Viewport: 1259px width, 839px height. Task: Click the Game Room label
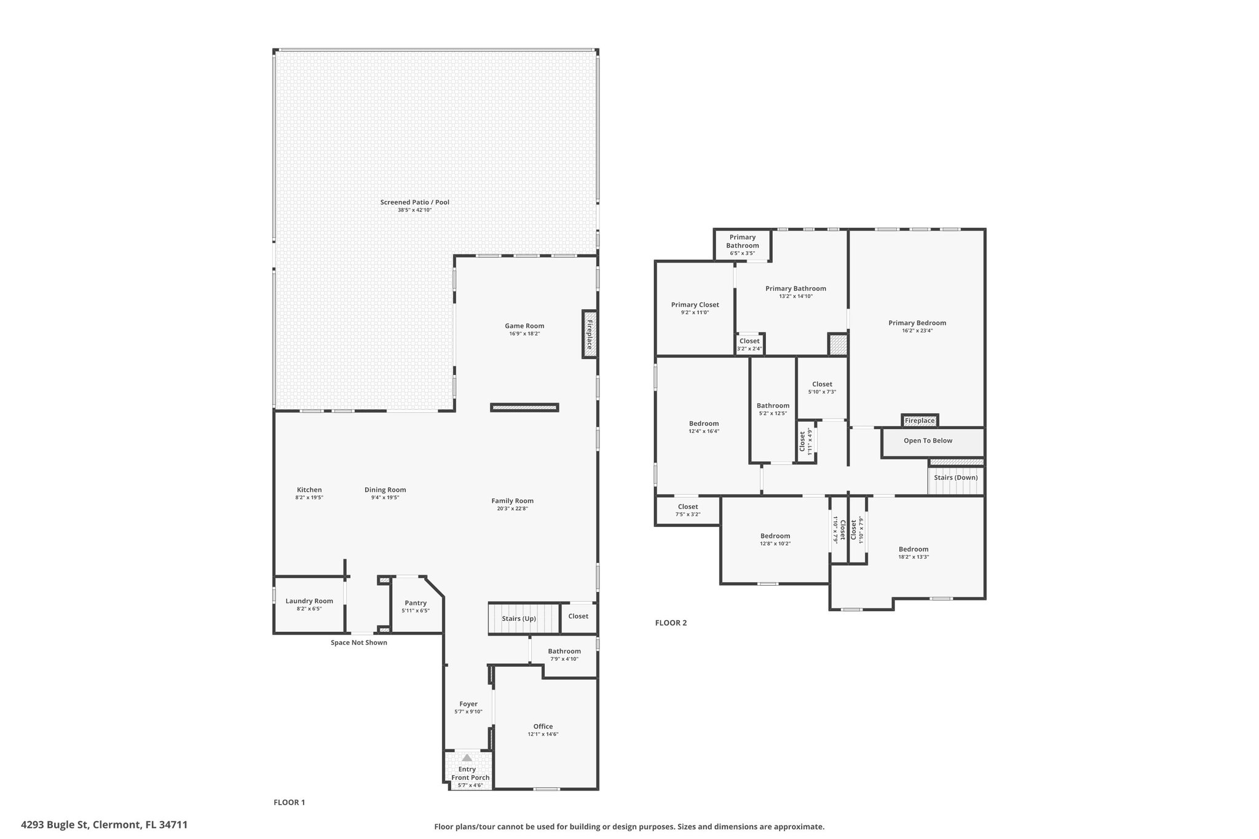[x=524, y=326]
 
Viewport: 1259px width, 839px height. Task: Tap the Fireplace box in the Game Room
[x=589, y=334]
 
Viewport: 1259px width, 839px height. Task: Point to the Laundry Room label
[x=309, y=601]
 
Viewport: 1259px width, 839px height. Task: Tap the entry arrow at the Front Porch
[x=467, y=757]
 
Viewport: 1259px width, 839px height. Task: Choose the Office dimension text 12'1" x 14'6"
[x=543, y=734]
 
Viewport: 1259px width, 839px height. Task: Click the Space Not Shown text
[x=359, y=642]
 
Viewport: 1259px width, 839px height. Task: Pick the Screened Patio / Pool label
[x=415, y=202]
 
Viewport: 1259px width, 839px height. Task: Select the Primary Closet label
[x=695, y=305]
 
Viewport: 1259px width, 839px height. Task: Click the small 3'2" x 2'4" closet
[x=749, y=344]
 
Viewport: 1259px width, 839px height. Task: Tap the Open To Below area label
[x=928, y=441]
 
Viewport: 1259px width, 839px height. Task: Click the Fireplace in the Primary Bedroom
[x=920, y=420]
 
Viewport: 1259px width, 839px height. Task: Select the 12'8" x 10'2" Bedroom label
[x=775, y=536]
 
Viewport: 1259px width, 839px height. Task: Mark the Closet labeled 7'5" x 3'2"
[x=688, y=511]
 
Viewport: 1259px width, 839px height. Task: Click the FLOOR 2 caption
[x=671, y=623]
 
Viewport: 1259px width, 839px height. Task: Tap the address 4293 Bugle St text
[x=56, y=825]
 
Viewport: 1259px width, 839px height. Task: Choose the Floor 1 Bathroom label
[x=564, y=652]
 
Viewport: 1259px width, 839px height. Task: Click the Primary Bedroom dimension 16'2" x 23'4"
[x=917, y=331]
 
